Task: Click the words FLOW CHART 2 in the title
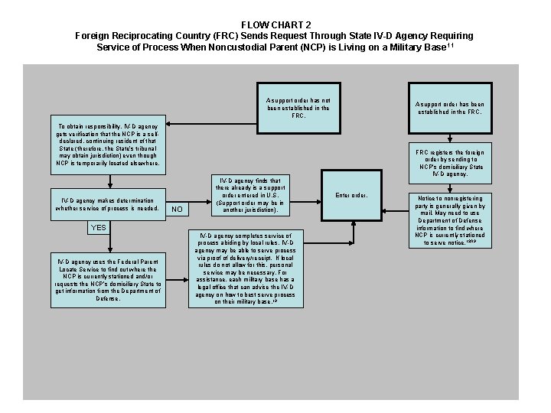275,24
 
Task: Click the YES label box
99,228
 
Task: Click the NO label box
177,209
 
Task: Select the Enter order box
352,195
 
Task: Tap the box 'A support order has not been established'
298,108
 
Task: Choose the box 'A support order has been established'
449,108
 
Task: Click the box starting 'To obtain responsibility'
109,144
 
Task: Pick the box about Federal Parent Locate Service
109,280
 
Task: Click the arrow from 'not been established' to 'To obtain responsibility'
214,122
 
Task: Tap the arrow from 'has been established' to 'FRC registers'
449,131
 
